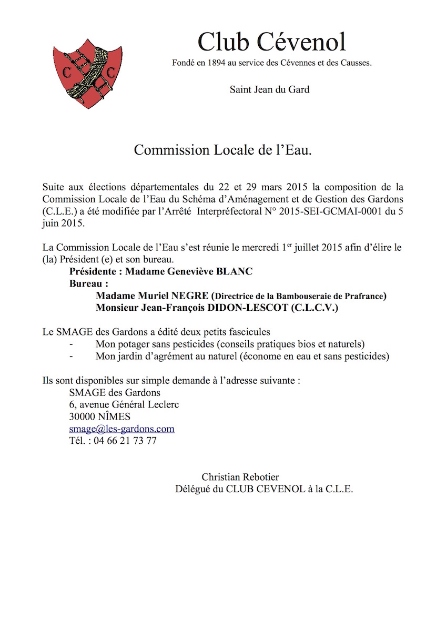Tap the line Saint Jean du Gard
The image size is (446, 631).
click(269, 89)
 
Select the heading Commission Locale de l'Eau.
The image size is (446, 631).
click(223, 150)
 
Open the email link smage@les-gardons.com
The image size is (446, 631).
click(121, 429)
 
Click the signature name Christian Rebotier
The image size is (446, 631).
click(240, 477)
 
